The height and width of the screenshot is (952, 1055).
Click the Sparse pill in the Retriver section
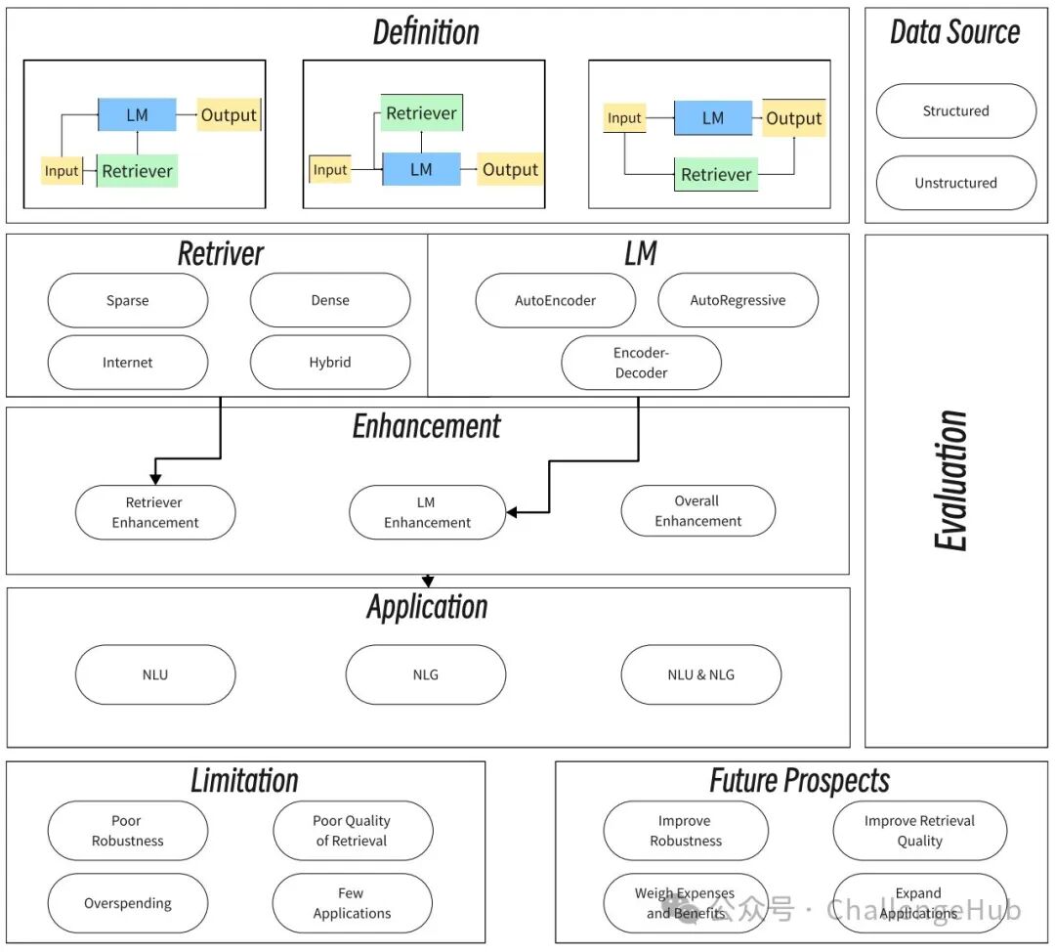pyautogui.click(x=128, y=300)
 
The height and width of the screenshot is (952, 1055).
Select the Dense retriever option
pyautogui.click(x=330, y=300)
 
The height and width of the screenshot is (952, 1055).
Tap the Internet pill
pyautogui.click(x=128, y=363)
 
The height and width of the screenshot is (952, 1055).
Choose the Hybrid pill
pyautogui.click(x=330, y=363)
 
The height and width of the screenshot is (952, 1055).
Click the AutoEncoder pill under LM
pyautogui.click(x=556, y=300)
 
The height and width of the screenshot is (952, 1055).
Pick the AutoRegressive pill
pyautogui.click(x=738, y=300)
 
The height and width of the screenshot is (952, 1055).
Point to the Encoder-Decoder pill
pyautogui.click(x=641, y=363)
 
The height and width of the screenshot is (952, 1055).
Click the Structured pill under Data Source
pyautogui.click(x=956, y=111)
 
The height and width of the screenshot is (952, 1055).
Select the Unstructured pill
pyautogui.click(x=956, y=183)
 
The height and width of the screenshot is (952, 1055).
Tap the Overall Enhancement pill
pyautogui.click(x=698, y=511)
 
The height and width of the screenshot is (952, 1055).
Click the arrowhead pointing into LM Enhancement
pyautogui.click(x=511, y=512)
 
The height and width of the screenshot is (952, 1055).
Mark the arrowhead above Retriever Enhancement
pyautogui.click(x=155, y=479)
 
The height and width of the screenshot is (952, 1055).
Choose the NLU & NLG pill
pyautogui.click(x=701, y=674)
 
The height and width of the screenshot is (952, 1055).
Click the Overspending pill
pyautogui.click(x=128, y=903)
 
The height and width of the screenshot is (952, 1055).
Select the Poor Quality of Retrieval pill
pyautogui.click(x=353, y=831)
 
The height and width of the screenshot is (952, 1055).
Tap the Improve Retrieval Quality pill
pyautogui.click(x=920, y=831)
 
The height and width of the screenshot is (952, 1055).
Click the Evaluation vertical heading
pyautogui.click(x=950, y=481)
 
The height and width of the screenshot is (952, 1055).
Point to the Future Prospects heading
pyautogui.click(x=799, y=781)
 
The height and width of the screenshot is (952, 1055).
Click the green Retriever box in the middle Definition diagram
pyautogui.click(x=422, y=113)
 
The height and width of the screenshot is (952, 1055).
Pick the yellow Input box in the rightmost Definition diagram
pyautogui.click(x=624, y=118)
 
